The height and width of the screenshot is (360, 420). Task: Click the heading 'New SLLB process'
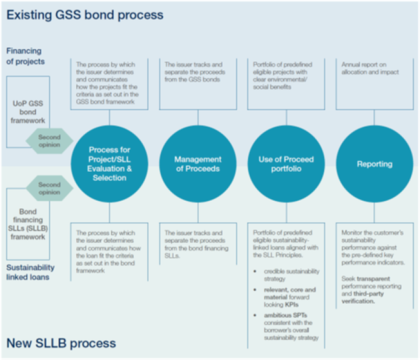[61, 343]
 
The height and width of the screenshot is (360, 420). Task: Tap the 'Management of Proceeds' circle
[198, 164]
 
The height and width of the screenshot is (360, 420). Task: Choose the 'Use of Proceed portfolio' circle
[286, 164]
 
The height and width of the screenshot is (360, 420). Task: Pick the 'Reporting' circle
[374, 164]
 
